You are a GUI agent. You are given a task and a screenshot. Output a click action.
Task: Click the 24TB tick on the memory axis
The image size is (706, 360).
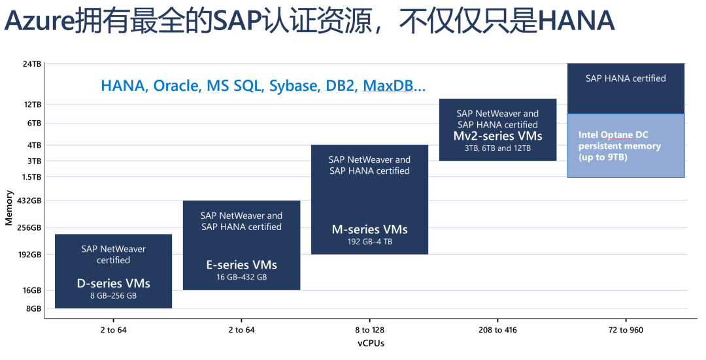(32, 63)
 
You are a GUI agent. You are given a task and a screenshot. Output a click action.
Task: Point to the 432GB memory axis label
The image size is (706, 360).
(31, 201)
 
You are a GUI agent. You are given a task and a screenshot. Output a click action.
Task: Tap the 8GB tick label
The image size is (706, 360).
(33, 308)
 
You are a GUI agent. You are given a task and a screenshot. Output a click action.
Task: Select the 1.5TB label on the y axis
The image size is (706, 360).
(31, 177)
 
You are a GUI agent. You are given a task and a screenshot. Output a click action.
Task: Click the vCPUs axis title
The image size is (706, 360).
(371, 344)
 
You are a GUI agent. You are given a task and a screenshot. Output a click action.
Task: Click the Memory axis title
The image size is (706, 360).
(9, 208)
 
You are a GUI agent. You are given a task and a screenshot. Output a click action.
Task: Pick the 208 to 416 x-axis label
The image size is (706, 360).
(498, 330)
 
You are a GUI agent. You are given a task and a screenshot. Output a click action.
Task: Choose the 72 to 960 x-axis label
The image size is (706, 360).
(626, 330)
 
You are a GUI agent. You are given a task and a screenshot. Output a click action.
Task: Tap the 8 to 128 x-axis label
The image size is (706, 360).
(370, 330)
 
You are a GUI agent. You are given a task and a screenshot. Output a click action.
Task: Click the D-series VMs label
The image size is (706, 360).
(113, 283)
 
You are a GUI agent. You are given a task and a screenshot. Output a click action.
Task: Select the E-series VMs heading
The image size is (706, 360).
(241, 265)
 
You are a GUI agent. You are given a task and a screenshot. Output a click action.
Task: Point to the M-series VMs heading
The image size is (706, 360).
(369, 229)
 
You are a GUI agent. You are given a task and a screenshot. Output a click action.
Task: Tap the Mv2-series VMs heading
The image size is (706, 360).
(497, 136)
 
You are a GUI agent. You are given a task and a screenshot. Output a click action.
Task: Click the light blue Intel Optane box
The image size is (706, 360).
(626, 146)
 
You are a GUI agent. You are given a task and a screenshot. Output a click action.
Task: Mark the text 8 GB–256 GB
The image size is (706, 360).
(113, 296)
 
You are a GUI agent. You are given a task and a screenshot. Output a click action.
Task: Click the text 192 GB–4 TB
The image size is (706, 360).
(369, 242)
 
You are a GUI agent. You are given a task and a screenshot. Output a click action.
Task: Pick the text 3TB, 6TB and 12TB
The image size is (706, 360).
(497, 148)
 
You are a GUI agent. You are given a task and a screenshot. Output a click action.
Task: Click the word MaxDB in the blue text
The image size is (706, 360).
(392, 86)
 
